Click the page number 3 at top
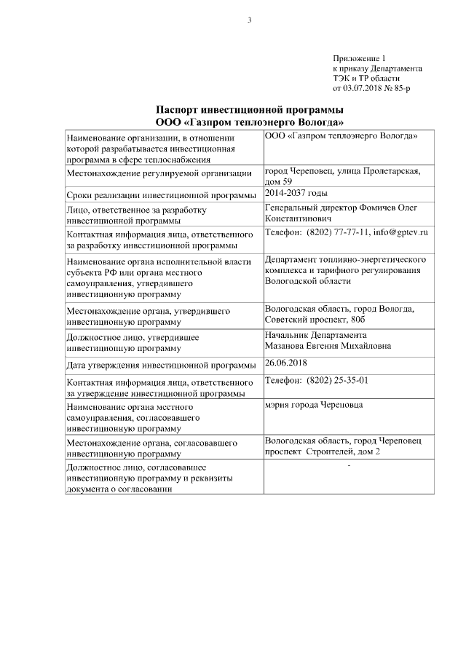click(x=249, y=20)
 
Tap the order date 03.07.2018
click(x=363, y=88)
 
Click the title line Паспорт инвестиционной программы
click(x=249, y=108)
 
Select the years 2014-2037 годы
click(x=296, y=193)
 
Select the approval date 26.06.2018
click(x=285, y=362)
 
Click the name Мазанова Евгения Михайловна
click(x=328, y=345)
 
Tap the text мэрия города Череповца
click(x=314, y=404)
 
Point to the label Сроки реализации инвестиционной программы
click(x=161, y=195)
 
